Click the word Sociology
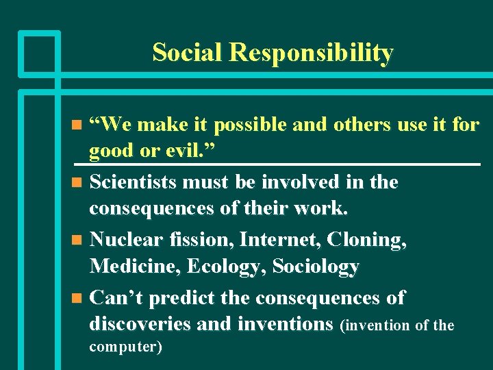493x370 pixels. tap(316, 267)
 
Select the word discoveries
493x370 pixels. tap(141, 323)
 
